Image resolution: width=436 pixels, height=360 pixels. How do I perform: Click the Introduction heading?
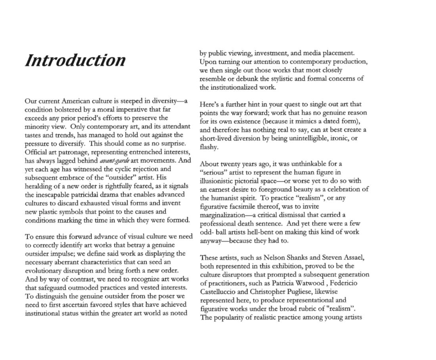(75, 60)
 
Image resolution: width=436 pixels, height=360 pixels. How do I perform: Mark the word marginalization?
(221, 215)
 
